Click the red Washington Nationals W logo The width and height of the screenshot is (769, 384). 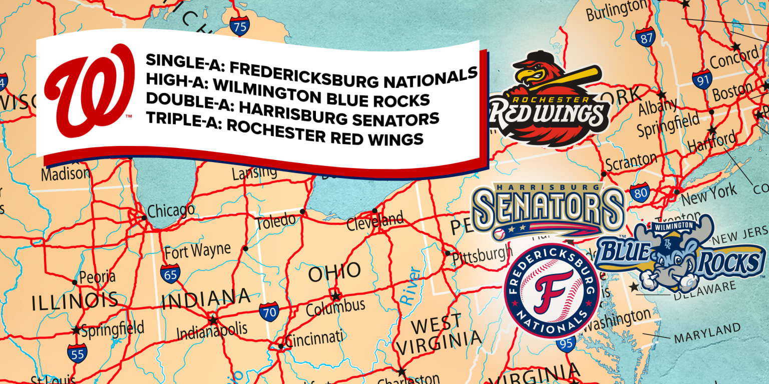[89, 90]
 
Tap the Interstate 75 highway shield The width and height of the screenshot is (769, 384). [239, 25]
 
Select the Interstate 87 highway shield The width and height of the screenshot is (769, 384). [645, 37]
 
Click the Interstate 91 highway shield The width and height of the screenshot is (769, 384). [702, 79]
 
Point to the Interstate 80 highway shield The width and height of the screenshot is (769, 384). [640, 192]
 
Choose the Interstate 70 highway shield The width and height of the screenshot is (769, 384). [269, 311]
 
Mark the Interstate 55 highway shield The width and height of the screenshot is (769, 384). [77, 353]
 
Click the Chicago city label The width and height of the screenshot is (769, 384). [171, 210]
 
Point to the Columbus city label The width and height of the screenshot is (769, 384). [335, 305]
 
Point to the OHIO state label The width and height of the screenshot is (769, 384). [334, 272]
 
